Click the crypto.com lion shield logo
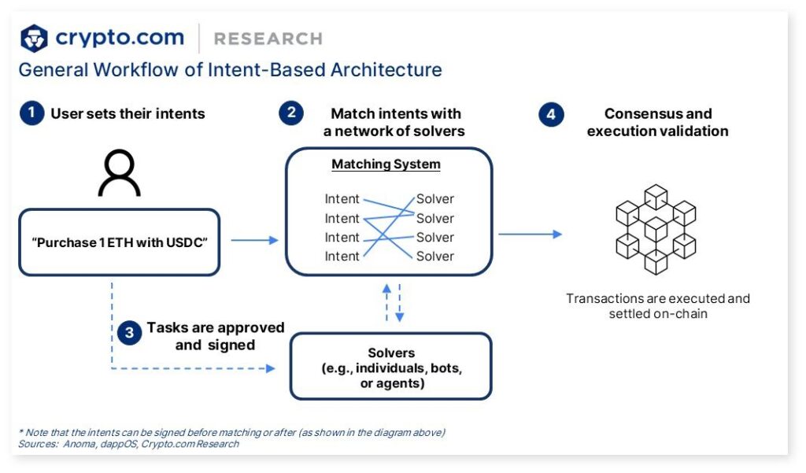34,38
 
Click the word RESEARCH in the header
268,39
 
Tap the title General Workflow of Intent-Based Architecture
230,69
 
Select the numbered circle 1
31,113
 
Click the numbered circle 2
291,113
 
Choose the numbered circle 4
551,113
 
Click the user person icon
119,174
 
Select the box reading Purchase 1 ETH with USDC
119,242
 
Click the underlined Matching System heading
386,164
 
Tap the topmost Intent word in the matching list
342,199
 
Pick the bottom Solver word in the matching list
435,256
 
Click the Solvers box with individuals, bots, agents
390,368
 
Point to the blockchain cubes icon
656,229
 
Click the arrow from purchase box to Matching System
254,240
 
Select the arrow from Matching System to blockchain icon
530,234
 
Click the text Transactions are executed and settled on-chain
657,306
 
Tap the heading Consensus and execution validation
657,122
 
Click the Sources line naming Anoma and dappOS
128,444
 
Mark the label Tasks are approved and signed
215,336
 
